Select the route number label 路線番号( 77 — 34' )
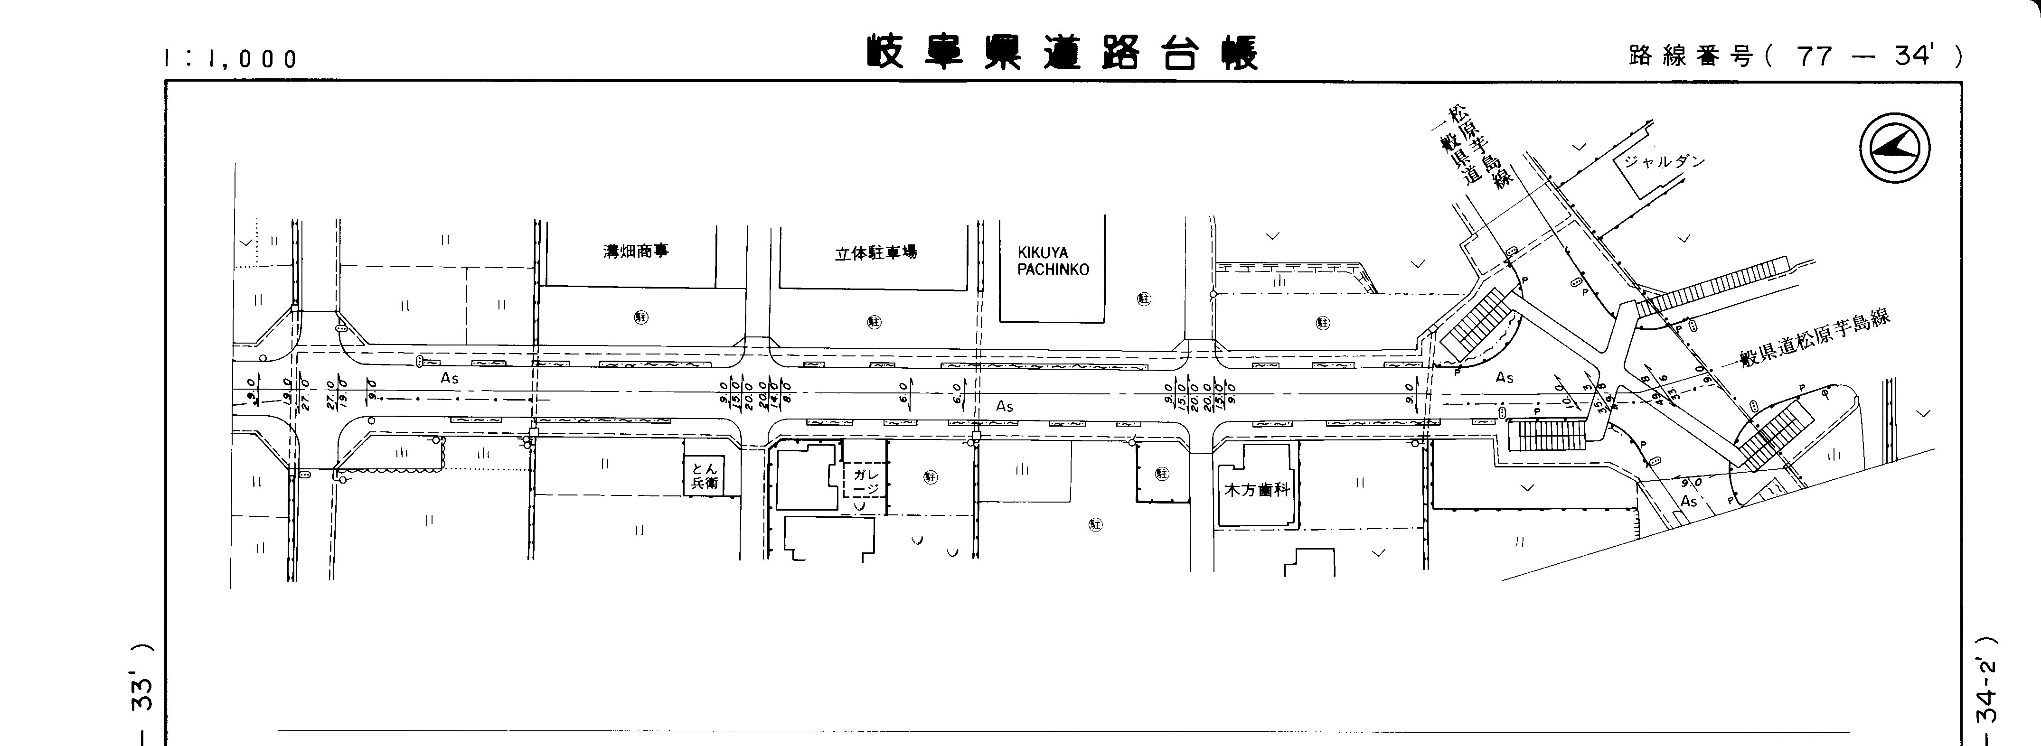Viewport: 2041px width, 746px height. click(x=1795, y=56)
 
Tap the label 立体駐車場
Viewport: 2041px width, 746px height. click(x=875, y=253)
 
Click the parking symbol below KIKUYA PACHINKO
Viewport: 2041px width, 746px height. click(x=1143, y=298)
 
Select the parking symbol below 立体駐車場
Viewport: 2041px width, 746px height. click(x=875, y=322)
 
